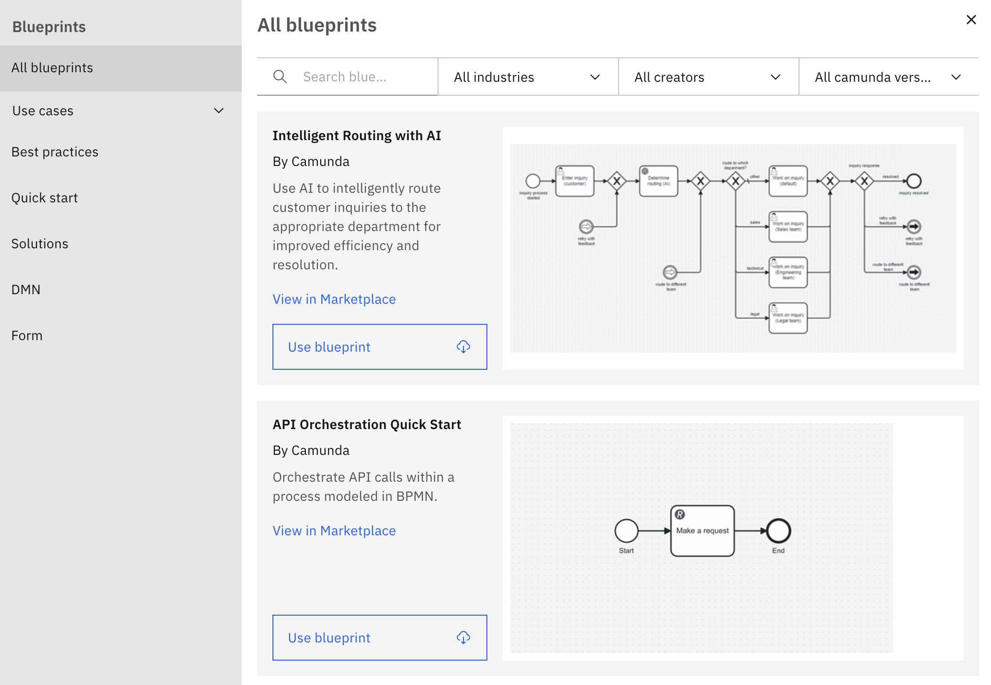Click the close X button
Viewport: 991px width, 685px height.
pos(971,20)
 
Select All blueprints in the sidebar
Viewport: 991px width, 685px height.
pos(52,68)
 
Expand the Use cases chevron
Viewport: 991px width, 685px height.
pos(219,111)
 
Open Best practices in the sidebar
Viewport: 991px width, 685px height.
pos(55,152)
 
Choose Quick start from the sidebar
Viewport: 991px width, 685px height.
pos(45,198)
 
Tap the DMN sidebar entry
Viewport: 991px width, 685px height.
pos(26,290)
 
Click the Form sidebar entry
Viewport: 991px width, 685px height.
pos(27,336)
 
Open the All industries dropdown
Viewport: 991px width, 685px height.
pos(528,77)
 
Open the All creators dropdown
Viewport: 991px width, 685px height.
pos(708,77)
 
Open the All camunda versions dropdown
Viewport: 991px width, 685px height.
pos(889,77)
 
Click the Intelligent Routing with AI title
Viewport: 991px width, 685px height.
pos(357,136)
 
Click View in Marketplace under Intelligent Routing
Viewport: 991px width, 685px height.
pos(334,299)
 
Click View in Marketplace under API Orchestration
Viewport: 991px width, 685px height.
pos(334,531)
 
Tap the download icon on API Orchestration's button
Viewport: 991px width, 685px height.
pos(463,638)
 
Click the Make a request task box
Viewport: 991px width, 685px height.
pos(702,531)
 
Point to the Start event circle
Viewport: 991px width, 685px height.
pos(626,530)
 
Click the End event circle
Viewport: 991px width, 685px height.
pos(778,530)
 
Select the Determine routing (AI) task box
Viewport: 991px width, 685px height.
pos(658,181)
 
